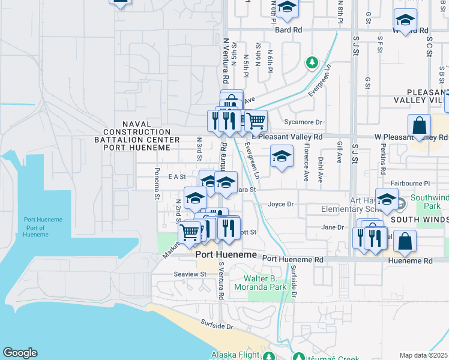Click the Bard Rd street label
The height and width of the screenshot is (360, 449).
(288, 29)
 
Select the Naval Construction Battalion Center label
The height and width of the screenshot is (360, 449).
(141, 132)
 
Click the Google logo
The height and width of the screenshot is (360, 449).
(20, 353)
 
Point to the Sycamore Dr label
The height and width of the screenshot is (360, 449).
(303, 122)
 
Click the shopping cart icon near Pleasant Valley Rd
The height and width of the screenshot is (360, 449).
(256, 121)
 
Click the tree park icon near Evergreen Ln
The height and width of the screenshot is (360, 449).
(312, 62)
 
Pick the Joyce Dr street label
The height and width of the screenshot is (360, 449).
(280, 204)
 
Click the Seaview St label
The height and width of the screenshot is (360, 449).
(190, 274)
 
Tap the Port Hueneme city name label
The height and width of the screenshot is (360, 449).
(226, 255)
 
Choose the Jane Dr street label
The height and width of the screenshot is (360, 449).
(332, 227)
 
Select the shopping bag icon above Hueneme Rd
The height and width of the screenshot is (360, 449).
(405, 242)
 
